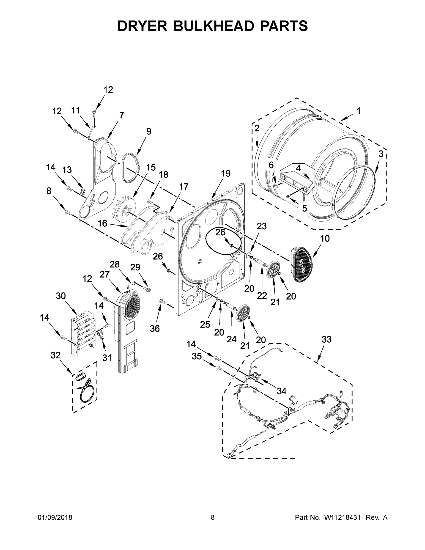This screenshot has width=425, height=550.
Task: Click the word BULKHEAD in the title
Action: point(213,26)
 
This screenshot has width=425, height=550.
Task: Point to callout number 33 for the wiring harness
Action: point(326,339)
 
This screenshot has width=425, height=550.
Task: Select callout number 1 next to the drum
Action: point(358,111)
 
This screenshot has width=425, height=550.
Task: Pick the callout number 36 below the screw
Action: point(155,328)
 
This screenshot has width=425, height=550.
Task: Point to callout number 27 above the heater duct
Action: point(104,274)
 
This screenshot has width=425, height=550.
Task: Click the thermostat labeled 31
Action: point(100,335)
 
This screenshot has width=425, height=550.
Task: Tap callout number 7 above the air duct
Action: point(122,115)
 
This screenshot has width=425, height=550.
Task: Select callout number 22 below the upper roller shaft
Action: point(262,295)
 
